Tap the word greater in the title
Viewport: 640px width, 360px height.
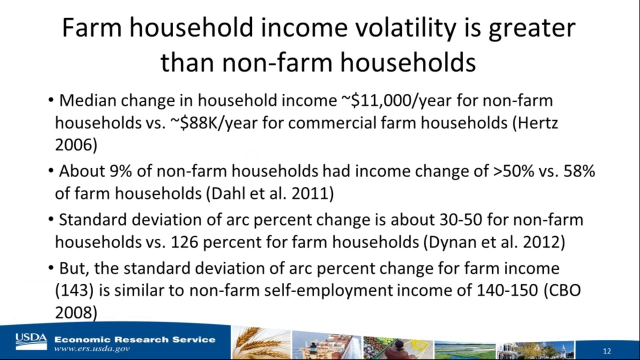[531, 28]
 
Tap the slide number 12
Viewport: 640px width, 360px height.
[607, 351]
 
